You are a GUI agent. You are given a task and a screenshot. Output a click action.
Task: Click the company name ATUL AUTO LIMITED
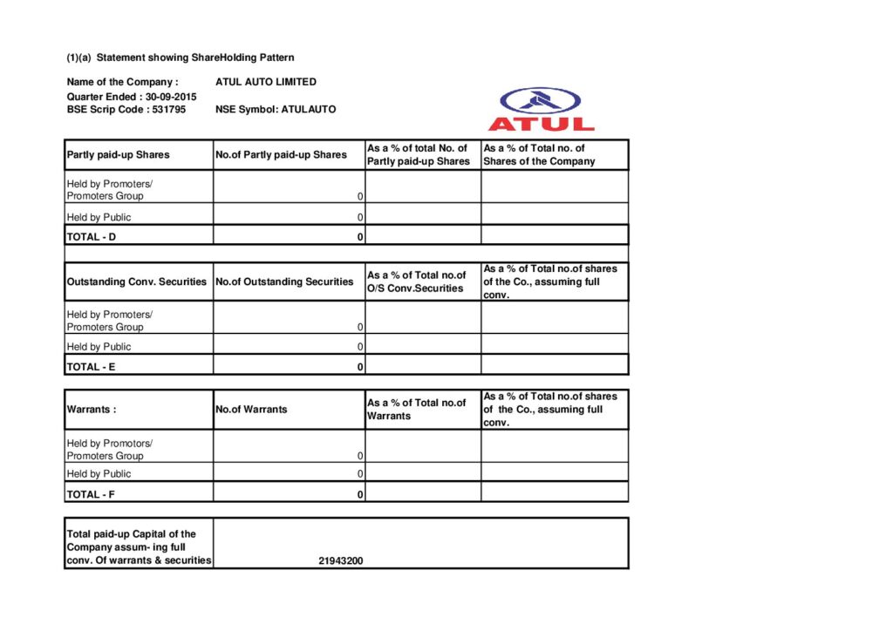click(x=265, y=82)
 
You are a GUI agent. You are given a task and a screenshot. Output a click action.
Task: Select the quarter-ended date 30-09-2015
click(x=171, y=97)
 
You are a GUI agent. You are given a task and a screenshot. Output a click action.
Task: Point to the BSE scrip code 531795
click(x=169, y=110)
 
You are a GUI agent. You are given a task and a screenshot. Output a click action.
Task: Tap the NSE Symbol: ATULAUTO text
click(x=275, y=110)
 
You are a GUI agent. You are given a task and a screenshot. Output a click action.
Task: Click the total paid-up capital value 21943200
click(x=341, y=560)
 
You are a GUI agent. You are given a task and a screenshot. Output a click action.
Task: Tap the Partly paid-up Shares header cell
click(x=118, y=155)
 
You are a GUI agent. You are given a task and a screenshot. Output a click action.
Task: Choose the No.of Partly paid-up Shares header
click(x=281, y=155)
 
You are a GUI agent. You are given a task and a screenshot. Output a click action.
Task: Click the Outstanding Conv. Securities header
click(x=137, y=282)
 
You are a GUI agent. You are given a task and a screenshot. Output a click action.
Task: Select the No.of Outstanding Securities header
click(x=284, y=282)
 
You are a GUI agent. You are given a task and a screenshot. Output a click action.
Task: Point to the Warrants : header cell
click(x=92, y=410)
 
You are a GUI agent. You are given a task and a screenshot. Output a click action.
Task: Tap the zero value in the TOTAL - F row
click(x=359, y=495)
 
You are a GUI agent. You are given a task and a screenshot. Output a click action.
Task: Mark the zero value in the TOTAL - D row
click(x=359, y=237)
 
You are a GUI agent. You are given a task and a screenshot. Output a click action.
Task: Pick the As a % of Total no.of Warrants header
click(x=416, y=410)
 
